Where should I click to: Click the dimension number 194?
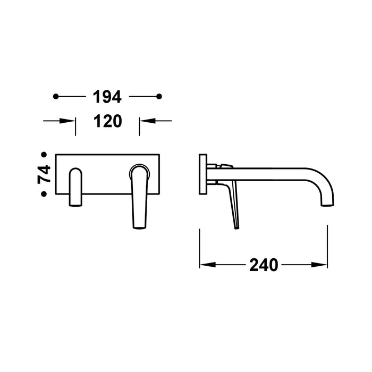pos(107,97)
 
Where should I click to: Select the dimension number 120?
pos(107,121)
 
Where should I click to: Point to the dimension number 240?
pos(264,265)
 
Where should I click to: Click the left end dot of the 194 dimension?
pos(56,96)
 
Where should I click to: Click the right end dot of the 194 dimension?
pos(159,96)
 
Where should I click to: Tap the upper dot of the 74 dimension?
pos(44,155)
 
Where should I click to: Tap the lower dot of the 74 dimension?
pos(44,195)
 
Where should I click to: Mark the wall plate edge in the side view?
pos(202,175)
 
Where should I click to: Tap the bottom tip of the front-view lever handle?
pos(139,227)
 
